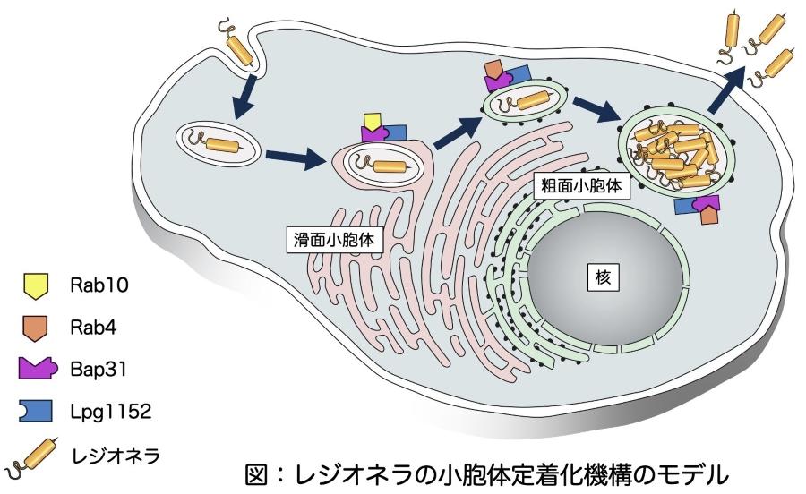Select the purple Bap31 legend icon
[x=35, y=368]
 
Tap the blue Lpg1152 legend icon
[x=34, y=410]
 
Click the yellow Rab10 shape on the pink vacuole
[x=371, y=121]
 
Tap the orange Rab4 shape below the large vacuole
[x=709, y=217]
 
